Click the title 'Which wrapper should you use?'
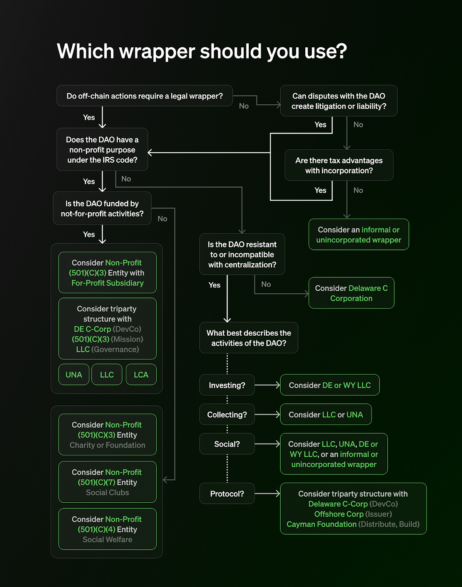point(202,51)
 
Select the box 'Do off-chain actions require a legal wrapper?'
point(144,96)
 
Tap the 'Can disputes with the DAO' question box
point(339,101)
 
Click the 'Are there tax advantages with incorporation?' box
point(339,166)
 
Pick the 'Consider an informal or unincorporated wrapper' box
point(358,235)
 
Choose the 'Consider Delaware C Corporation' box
point(351,293)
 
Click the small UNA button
point(74,375)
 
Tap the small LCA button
point(141,375)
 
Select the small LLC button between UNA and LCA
point(107,375)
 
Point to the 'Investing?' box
point(227,385)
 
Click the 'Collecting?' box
point(227,415)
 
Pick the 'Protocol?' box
point(227,493)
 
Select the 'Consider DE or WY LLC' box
point(330,385)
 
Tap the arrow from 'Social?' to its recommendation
point(267,444)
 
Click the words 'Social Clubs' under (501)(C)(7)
point(107,492)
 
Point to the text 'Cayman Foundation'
point(321,524)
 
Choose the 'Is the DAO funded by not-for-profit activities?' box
point(102,208)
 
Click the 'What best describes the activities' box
point(249,338)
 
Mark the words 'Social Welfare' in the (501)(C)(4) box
point(107,540)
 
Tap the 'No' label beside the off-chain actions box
point(244,106)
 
